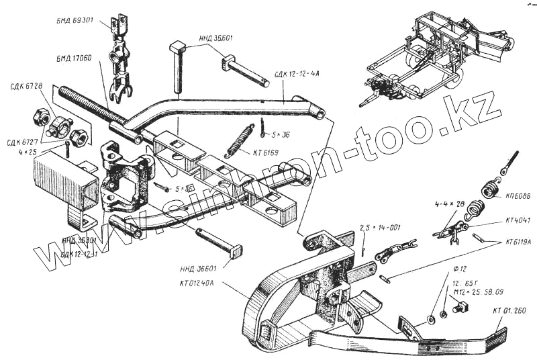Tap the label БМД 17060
76,59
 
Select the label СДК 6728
27,87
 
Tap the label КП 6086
515,197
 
